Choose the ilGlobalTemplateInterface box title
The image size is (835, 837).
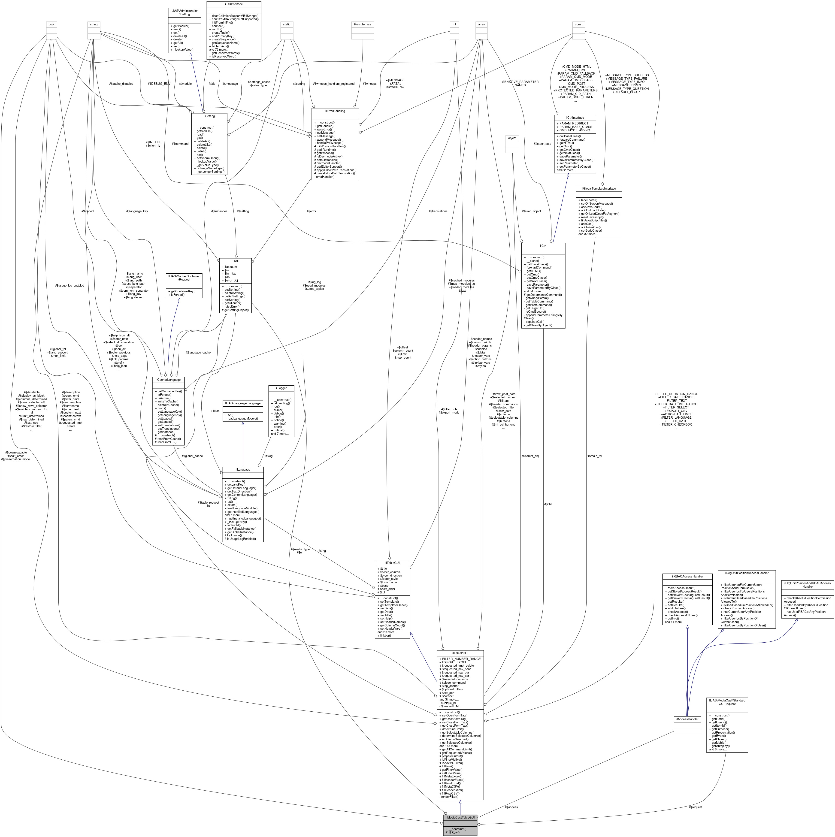(x=598, y=188)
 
